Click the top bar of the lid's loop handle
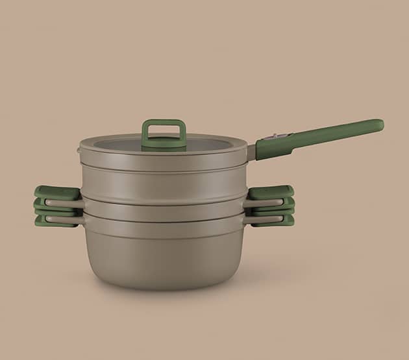point(164,121)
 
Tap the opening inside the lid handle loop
point(164,130)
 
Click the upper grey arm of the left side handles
point(71,202)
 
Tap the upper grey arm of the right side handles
point(254,202)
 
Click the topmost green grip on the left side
point(55,192)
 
